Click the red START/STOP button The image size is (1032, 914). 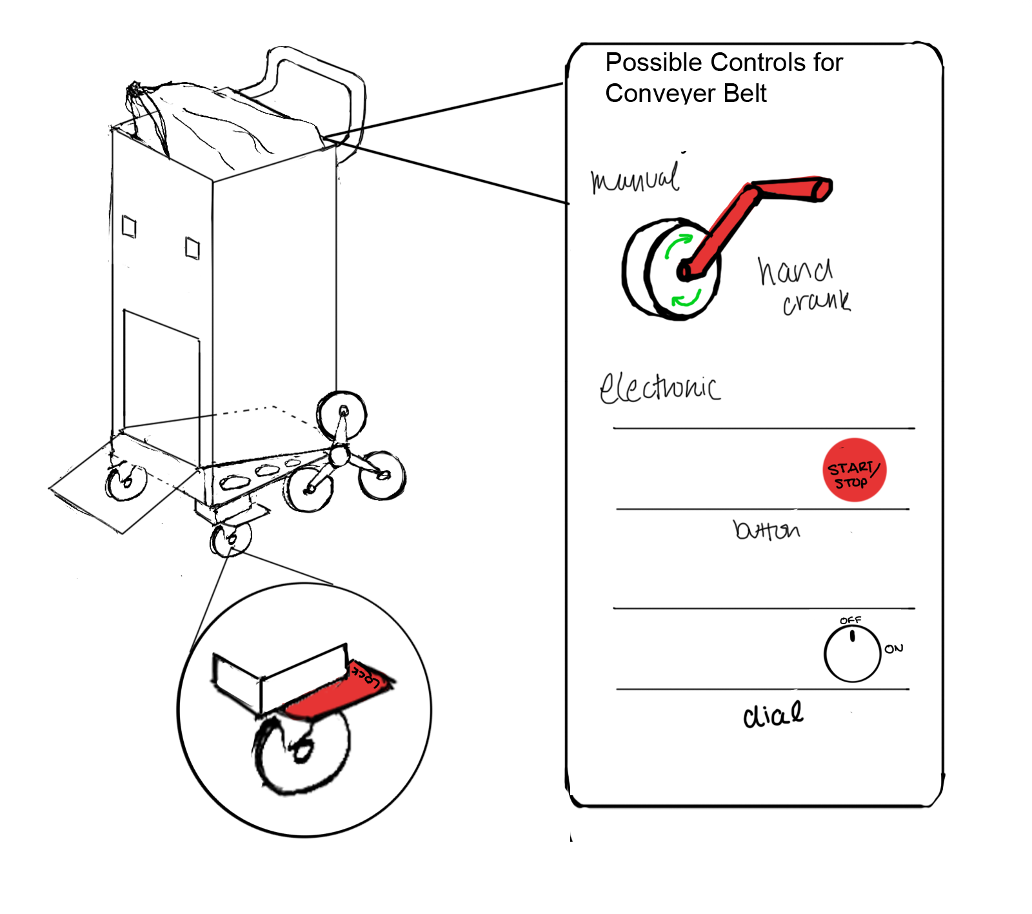pos(854,470)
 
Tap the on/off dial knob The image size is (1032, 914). pos(852,654)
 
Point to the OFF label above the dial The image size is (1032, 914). pos(850,620)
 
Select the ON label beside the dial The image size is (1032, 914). pos(893,649)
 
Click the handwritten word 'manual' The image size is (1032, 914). pos(635,178)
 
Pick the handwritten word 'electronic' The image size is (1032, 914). pos(659,388)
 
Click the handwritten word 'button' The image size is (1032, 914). pos(766,530)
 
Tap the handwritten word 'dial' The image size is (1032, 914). pos(773,715)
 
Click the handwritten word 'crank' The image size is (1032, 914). pos(817,302)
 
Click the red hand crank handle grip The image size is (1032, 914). pos(793,189)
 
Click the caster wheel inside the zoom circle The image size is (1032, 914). pos(302,751)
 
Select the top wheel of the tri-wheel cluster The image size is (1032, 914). pos(342,412)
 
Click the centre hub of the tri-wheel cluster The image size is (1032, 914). pos(339,456)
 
